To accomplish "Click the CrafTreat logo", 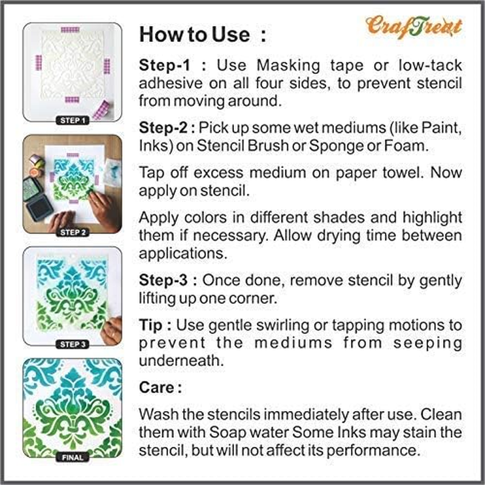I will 413,25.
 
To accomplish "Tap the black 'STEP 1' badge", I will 72,120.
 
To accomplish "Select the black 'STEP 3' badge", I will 72,344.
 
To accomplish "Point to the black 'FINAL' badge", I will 72,457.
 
